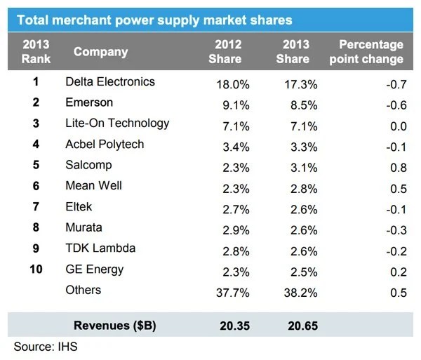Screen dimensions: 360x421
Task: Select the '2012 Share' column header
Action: (x=225, y=51)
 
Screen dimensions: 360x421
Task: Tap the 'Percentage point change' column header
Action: (x=371, y=51)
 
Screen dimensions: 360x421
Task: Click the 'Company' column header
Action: (x=100, y=51)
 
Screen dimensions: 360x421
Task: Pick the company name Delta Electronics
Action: (x=110, y=81)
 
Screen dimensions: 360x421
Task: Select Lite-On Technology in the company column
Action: (x=117, y=123)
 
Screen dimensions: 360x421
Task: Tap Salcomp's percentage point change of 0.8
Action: (x=398, y=168)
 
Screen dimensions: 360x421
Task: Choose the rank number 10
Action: (x=36, y=269)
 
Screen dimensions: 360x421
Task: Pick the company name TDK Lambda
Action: (x=100, y=248)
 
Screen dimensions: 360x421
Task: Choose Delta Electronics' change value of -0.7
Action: (x=396, y=84)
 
